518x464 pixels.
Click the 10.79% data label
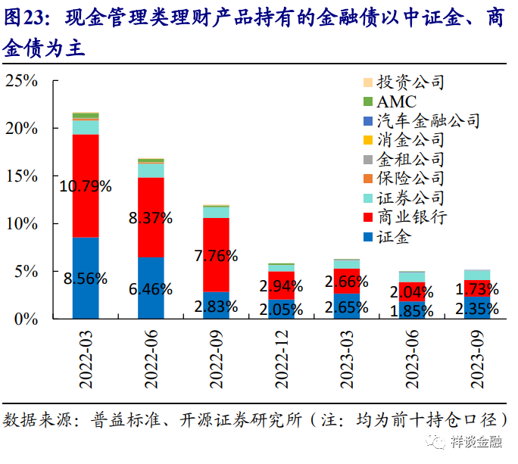(86, 185)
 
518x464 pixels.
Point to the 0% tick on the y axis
(26, 319)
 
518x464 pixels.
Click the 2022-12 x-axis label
(281, 357)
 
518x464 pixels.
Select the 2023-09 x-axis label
(477, 357)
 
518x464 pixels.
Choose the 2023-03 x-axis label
(346, 357)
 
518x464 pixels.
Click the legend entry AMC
(397, 101)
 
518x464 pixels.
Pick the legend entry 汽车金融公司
(428, 120)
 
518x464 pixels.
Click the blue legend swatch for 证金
(368, 238)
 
